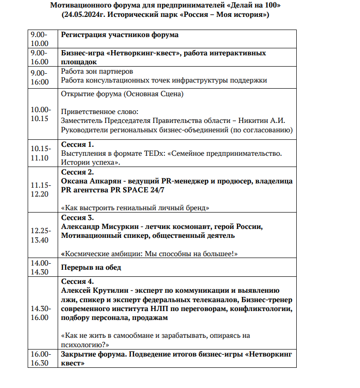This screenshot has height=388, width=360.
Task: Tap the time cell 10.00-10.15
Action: pyautogui.click(x=39, y=114)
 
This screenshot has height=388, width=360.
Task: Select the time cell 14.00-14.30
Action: pyautogui.click(x=39, y=267)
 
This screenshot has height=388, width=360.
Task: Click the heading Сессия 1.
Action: pyautogui.click(x=77, y=144)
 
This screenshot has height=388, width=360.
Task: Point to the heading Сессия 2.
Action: pyautogui.click(x=77, y=171)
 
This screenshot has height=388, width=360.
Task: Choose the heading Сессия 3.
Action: pyautogui.click(x=77, y=218)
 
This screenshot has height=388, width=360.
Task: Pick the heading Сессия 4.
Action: pyautogui.click(x=77, y=281)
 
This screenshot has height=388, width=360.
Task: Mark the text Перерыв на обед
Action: pyautogui.click(x=91, y=267)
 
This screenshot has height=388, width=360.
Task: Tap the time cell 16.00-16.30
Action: pyautogui.click(x=39, y=358)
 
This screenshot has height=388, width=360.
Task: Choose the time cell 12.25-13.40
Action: pyautogui.click(x=39, y=236)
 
